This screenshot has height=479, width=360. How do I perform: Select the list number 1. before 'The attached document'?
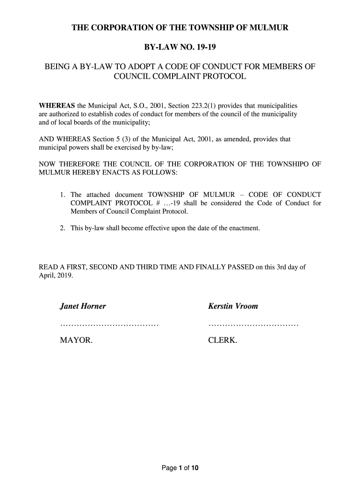63,195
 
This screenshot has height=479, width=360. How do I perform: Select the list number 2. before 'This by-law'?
63,228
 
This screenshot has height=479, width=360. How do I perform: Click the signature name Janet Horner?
83,307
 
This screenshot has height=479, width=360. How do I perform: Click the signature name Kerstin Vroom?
233,307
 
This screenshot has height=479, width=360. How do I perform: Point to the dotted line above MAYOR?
109,325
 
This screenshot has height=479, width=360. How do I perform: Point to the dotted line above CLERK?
253,325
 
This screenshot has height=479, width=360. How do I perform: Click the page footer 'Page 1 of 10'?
180,467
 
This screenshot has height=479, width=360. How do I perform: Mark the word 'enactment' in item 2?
244,228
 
